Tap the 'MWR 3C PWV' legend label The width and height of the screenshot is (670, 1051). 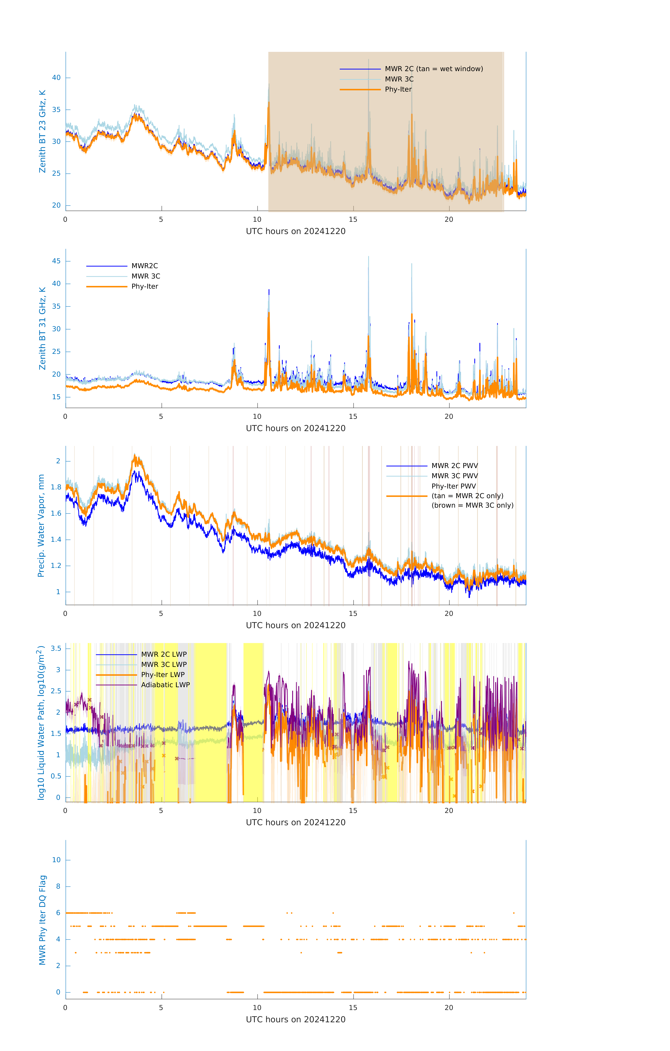coord(454,476)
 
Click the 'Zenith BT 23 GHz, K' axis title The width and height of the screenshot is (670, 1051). coord(42,131)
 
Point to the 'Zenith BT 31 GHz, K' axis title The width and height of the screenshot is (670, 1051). coord(42,328)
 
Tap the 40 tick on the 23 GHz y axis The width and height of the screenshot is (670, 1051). coord(56,78)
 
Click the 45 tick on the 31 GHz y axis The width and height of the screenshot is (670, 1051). coord(56,261)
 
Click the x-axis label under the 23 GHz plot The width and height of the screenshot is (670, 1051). coord(296,231)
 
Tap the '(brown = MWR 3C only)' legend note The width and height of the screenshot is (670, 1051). coord(472,505)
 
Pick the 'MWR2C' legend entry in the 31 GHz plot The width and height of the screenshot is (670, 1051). coord(145,266)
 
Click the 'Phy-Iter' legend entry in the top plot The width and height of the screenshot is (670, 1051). coord(398,90)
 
